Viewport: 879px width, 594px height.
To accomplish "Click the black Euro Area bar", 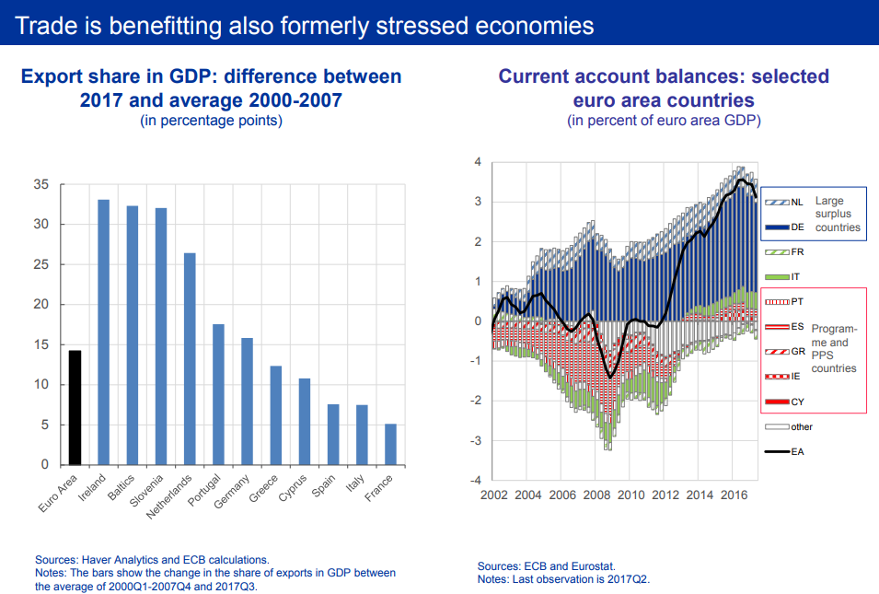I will (x=75, y=407).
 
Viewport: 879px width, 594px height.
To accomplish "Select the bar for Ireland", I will (x=103, y=332).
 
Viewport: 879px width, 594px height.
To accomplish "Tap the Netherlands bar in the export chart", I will (x=190, y=358).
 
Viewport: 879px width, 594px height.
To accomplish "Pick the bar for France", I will (x=390, y=444).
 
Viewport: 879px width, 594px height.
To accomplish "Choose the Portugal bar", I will (x=218, y=394).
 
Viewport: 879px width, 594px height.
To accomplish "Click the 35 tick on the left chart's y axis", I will (x=40, y=185).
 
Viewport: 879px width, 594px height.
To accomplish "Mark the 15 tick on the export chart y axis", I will (x=40, y=345).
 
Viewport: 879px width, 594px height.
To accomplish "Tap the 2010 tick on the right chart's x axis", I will (x=630, y=495).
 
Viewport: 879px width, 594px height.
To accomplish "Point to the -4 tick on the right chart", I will (x=477, y=480).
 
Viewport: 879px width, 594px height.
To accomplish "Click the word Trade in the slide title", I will (x=44, y=25).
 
